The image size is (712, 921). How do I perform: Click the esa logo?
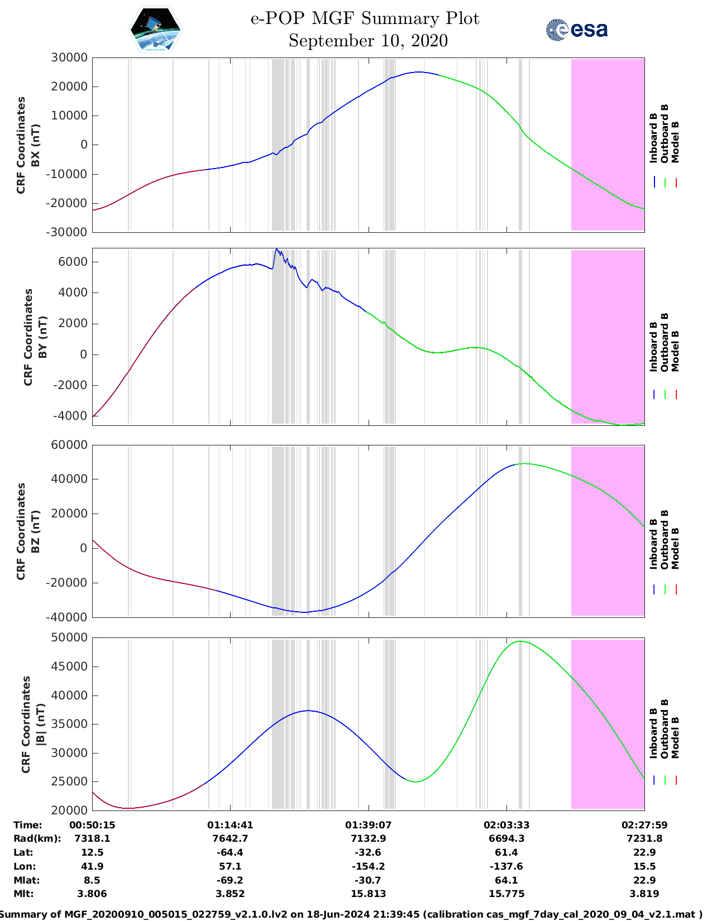(576, 30)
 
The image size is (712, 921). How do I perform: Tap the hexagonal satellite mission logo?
(155, 30)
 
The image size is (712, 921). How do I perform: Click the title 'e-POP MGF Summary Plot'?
(365, 18)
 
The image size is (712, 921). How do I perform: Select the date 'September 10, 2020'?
(368, 41)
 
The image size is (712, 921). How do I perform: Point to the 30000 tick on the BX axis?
(69, 57)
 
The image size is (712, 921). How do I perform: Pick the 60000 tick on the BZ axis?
(69, 445)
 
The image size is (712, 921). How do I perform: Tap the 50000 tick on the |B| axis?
(69, 637)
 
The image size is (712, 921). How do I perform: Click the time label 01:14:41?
(230, 825)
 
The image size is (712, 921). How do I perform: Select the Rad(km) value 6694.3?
(506, 838)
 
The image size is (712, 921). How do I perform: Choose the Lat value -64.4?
(230, 852)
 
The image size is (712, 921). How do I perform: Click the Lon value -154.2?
(369, 866)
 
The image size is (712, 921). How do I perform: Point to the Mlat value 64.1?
(506, 880)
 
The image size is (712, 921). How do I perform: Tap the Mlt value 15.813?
(369, 894)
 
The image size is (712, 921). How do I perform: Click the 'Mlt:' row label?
(23, 894)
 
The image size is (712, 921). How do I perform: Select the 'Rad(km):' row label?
(37, 838)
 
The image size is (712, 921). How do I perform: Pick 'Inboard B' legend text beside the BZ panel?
(653, 544)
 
